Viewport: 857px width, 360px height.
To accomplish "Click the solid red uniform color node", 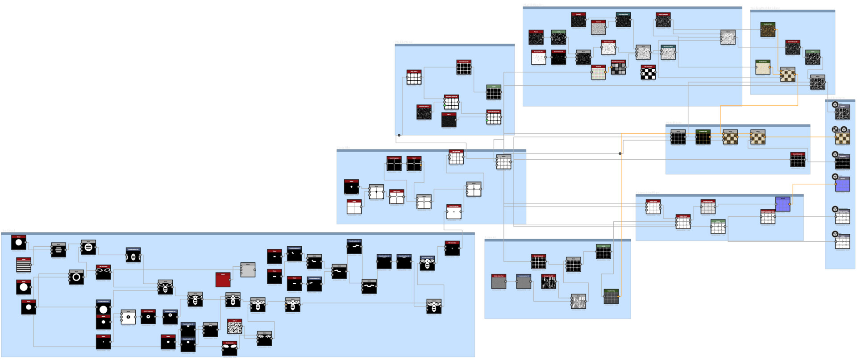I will (223, 280).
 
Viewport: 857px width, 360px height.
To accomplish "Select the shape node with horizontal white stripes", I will (24, 265).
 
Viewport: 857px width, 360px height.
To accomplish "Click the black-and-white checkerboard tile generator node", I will (648, 73).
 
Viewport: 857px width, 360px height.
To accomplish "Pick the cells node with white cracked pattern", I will (234, 327).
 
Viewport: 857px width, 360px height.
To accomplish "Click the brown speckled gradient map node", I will (768, 30).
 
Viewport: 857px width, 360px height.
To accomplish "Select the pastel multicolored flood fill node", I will (598, 73).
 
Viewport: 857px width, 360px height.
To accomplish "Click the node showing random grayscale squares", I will (618, 68).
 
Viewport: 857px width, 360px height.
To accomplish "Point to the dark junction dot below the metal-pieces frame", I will (399, 135).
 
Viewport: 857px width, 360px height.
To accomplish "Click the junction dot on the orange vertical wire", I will (620, 153).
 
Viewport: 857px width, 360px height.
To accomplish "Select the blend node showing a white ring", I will (76, 277).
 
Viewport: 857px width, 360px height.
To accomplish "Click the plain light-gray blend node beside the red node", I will (248, 270).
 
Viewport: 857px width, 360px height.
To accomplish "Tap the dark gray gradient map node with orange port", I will (611, 297).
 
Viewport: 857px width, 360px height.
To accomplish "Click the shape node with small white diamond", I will (351, 187).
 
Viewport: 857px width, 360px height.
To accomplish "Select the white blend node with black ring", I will (128, 317).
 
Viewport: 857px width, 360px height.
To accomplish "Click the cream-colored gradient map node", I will (763, 68).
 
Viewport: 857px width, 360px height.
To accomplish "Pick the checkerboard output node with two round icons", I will (842, 137).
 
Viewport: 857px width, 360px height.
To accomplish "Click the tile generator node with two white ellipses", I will (103, 273).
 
